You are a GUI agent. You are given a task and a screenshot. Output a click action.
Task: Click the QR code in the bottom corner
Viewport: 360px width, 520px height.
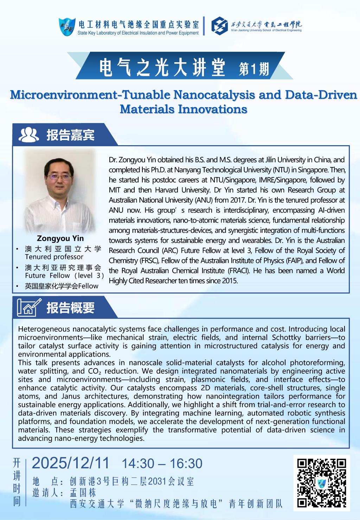[322, 483]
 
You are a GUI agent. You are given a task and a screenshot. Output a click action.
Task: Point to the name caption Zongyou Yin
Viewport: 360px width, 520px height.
[60, 239]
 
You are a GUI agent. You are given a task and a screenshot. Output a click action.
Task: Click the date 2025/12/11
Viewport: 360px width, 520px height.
[71, 463]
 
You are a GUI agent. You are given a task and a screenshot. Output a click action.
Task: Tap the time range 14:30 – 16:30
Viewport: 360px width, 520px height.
[162, 464]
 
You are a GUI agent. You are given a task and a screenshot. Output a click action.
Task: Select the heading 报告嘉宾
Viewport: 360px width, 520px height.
[71, 135]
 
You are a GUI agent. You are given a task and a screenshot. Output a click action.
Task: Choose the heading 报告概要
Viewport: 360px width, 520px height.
[71, 308]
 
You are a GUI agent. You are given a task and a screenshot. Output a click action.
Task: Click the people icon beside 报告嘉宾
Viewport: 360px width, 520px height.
[28, 135]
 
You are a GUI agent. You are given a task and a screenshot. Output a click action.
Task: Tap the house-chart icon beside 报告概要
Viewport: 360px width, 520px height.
[29, 308]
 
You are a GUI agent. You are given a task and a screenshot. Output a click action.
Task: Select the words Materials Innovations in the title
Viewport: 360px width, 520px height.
[183, 109]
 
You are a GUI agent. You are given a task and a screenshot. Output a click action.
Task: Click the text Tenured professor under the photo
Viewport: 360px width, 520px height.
[54, 257]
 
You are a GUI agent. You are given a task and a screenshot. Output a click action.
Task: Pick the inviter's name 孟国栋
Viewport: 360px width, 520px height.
[83, 492]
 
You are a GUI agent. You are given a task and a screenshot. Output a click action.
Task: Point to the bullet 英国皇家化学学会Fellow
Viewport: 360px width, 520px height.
[62, 286]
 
